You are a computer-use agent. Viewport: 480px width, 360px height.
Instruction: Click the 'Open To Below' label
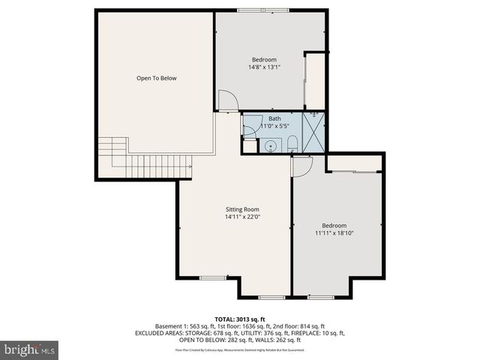(x=157, y=78)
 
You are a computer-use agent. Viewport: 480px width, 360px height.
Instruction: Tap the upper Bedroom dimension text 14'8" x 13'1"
(x=264, y=67)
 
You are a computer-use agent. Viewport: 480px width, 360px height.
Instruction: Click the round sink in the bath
(x=269, y=145)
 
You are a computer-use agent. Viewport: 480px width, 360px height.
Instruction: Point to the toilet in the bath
(x=292, y=143)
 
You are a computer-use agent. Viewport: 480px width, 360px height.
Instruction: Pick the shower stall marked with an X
(x=313, y=132)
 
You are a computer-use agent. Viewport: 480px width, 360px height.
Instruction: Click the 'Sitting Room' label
(x=242, y=209)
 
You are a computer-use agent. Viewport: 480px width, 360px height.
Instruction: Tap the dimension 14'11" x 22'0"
(x=242, y=217)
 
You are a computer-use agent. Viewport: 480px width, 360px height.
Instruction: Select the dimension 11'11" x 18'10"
(x=334, y=233)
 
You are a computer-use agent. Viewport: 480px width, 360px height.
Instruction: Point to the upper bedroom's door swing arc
(x=227, y=100)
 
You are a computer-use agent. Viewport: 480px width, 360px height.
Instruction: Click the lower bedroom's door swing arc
(x=301, y=167)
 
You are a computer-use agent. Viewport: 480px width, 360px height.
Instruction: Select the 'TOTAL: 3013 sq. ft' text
(x=240, y=319)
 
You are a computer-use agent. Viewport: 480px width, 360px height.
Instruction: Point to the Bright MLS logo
(x=30, y=349)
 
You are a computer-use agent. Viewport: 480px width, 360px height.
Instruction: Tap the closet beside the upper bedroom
(x=315, y=80)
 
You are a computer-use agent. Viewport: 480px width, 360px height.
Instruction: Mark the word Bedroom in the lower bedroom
(x=334, y=226)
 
